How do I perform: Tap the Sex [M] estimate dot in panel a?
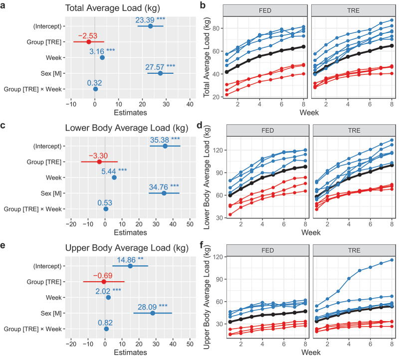(x=161, y=73)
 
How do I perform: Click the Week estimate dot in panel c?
(x=114, y=178)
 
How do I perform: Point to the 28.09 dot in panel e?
(x=153, y=313)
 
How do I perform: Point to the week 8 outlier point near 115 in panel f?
(x=391, y=260)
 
